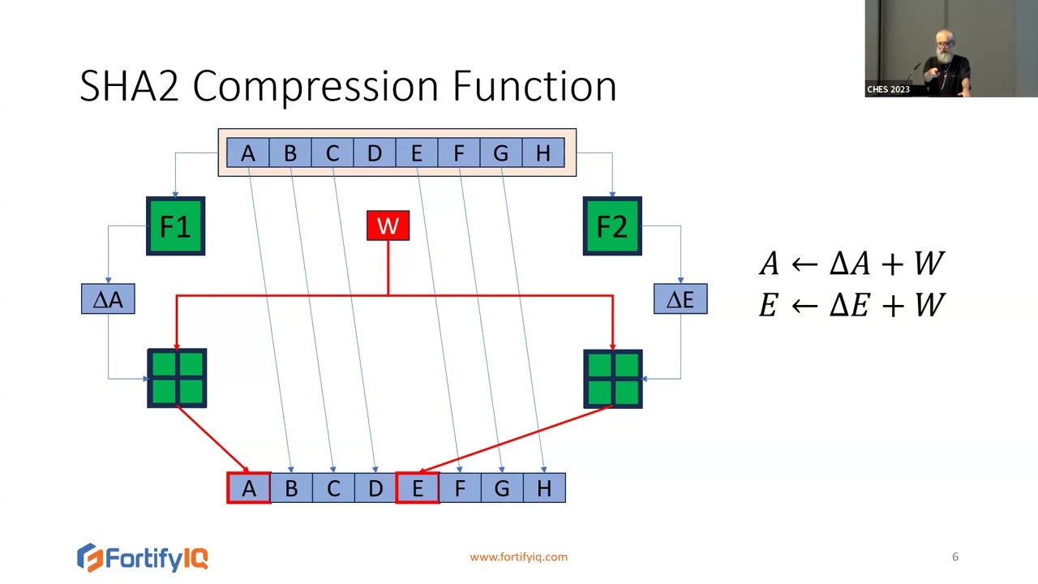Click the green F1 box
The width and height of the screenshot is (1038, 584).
[x=175, y=226]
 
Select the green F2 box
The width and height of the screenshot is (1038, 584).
[x=612, y=226]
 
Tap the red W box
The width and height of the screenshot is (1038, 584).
[x=388, y=226]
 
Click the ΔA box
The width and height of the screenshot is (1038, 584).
[x=108, y=299]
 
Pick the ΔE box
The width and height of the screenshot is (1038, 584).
[x=680, y=299]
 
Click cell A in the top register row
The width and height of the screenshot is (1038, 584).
[x=248, y=153]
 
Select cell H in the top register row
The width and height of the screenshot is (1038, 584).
[x=543, y=153]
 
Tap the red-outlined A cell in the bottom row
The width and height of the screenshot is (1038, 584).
[x=248, y=488]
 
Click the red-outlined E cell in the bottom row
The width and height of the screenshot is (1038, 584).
[x=417, y=488]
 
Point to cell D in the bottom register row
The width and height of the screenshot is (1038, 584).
[x=375, y=488]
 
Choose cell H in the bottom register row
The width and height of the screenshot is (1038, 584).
[x=544, y=488]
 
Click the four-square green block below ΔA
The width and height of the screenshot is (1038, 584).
[x=177, y=378]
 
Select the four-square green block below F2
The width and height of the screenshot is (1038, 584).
[x=613, y=378]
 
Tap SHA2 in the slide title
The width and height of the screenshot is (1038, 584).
[x=129, y=86]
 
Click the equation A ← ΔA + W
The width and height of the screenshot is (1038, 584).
[x=851, y=264]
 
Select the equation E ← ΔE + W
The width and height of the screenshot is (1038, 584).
[x=851, y=305]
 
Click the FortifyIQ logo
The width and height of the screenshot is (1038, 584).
[x=143, y=557]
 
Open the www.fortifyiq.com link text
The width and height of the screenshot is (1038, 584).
[x=518, y=557]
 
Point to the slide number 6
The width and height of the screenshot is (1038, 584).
[x=954, y=557]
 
